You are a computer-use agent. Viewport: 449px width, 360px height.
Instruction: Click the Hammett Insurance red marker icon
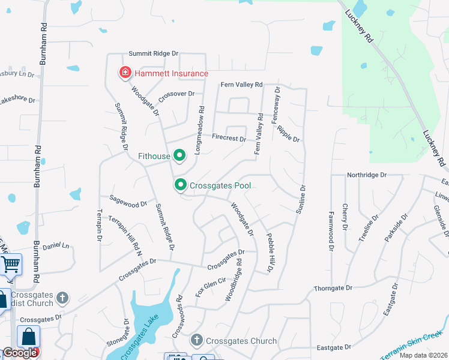click(x=125, y=73)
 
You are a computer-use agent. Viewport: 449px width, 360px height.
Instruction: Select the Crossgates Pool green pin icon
click(x=179, y=185)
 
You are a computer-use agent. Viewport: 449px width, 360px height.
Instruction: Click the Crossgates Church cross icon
click(x=196, y=341)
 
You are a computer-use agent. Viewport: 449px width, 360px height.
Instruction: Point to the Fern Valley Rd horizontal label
click(x=242, y=85)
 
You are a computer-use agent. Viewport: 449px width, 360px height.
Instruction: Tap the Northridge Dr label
click(x=367, y=175)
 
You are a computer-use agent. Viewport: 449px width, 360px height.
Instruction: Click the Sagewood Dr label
click(x=127, y=200)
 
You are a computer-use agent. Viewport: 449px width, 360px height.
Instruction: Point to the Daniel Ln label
click(x=56, y=246)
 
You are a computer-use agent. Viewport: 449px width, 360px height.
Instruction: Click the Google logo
click(x=19, y=353)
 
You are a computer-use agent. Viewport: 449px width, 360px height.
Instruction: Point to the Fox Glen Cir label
click(x=210, y=287)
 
